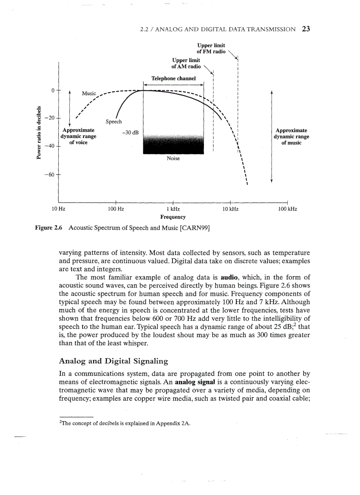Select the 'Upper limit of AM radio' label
(x=186, y=63)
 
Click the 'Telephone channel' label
(x=173, y=78)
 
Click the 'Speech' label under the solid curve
(x=113, y=121)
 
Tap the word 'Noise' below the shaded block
(x=173, y=158)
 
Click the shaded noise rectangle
(x=173, y=143)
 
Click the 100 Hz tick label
(x=116, y=209)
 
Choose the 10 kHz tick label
(x=230, y=209)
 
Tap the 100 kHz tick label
(x=287, y=209)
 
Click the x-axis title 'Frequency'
(x=173, y=217)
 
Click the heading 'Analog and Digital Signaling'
(x=113, y=361)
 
